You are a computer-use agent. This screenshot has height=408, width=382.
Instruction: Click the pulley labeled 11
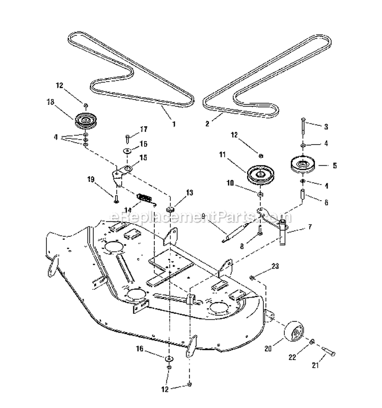coord(260,175)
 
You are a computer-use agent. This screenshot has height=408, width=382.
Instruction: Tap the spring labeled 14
coord(145,197)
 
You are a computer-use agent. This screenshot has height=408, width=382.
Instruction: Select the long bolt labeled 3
coord(303,122)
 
